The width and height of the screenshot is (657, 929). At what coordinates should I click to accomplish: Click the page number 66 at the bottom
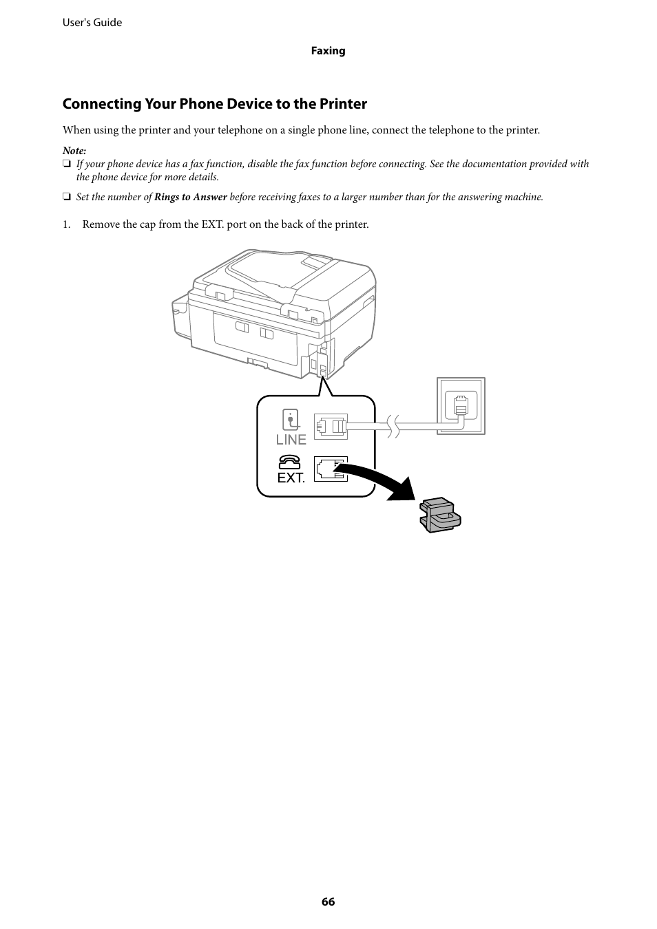(328, 901)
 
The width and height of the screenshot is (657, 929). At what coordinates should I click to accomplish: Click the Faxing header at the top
(328, 51)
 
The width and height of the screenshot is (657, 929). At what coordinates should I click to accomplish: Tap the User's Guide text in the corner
(92, 23)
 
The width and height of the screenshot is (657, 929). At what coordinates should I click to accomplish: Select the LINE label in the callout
(291, 440)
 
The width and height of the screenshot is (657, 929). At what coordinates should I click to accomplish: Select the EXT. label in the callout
(291, 478)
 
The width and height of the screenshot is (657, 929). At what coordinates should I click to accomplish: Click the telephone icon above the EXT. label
(290, 462)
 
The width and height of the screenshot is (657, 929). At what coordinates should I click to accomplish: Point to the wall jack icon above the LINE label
(291, 420)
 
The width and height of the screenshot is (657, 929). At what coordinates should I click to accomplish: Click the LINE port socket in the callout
(331, 427)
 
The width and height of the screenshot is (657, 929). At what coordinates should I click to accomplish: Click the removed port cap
(439, 514)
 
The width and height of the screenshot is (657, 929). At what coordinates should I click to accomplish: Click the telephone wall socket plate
(461, 406)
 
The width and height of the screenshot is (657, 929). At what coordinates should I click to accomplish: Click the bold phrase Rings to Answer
(190, 197)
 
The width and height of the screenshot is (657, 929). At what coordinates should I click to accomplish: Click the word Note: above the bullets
(74, 151)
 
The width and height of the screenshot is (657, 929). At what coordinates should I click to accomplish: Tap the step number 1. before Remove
(67, 224)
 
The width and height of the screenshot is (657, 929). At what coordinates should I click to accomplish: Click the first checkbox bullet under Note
(67, 164)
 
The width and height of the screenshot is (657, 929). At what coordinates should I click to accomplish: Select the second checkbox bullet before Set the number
(67, 197)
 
